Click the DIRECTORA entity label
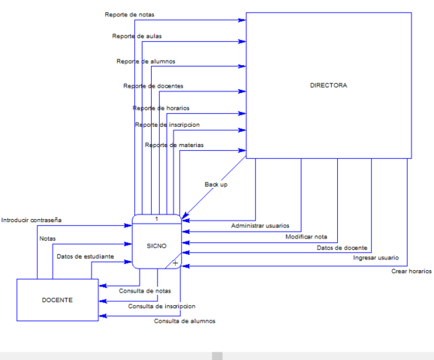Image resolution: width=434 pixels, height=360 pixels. tap(328, 85)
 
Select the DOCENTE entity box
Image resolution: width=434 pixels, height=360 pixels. tap(58, 300)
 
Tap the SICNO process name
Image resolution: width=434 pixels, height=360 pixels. tap(156, 245)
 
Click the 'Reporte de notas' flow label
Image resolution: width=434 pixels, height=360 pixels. tap(131, 15)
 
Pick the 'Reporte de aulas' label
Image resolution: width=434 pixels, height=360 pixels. tap(137, 36)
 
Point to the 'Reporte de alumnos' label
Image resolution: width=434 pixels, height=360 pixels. tap(146, 61)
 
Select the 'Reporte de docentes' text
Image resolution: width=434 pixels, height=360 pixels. tap(153, 86)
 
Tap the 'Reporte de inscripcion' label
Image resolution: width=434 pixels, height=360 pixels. tap(167, 124)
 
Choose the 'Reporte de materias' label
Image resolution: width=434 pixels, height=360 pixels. tap(174, 145)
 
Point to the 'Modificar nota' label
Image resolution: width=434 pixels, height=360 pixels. tap(306, 237)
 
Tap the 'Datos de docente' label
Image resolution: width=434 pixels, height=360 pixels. tap(342, 247)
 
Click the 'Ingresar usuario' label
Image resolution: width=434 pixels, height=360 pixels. tap(375, 258)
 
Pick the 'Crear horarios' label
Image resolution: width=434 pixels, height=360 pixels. tap(411, 271)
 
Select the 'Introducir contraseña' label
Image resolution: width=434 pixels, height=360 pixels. tap(32, 220)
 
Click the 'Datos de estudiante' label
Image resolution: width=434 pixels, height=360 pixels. tap(85, 256)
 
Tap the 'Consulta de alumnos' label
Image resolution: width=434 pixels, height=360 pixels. tap(185, 321)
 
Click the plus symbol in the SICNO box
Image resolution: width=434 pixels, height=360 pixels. tap(175, 263)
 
